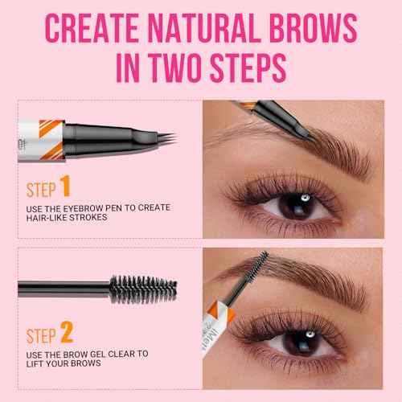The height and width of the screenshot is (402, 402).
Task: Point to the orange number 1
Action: coord(66,190)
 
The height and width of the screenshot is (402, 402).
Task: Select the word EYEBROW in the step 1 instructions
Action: coord(85,211)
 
